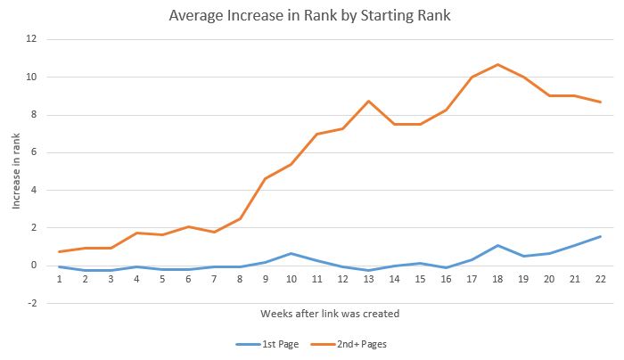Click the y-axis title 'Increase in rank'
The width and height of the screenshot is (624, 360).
click(x=16, y=171)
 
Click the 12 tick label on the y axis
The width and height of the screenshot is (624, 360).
click(x=31, y=39)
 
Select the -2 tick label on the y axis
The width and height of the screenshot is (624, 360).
click(x=31, y=303)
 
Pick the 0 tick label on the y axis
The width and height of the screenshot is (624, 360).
click(x=34, y=266)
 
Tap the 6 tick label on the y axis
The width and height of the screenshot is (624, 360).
click(x=34, y=152)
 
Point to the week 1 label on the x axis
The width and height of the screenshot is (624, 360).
click(x=60, y=278)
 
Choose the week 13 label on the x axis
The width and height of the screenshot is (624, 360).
click(x=367, y=278)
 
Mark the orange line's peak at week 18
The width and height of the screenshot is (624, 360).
click(x=497, y=64)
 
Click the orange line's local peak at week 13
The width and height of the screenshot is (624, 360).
click(x=367, y=101)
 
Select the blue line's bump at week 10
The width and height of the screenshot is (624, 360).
click(x=291, y=253)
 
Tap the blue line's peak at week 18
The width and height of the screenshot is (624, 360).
click(x=497, y=245)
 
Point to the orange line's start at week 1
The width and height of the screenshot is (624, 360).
click(x=60, y=251)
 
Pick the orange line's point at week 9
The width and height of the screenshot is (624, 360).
click(x=265, y=178)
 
